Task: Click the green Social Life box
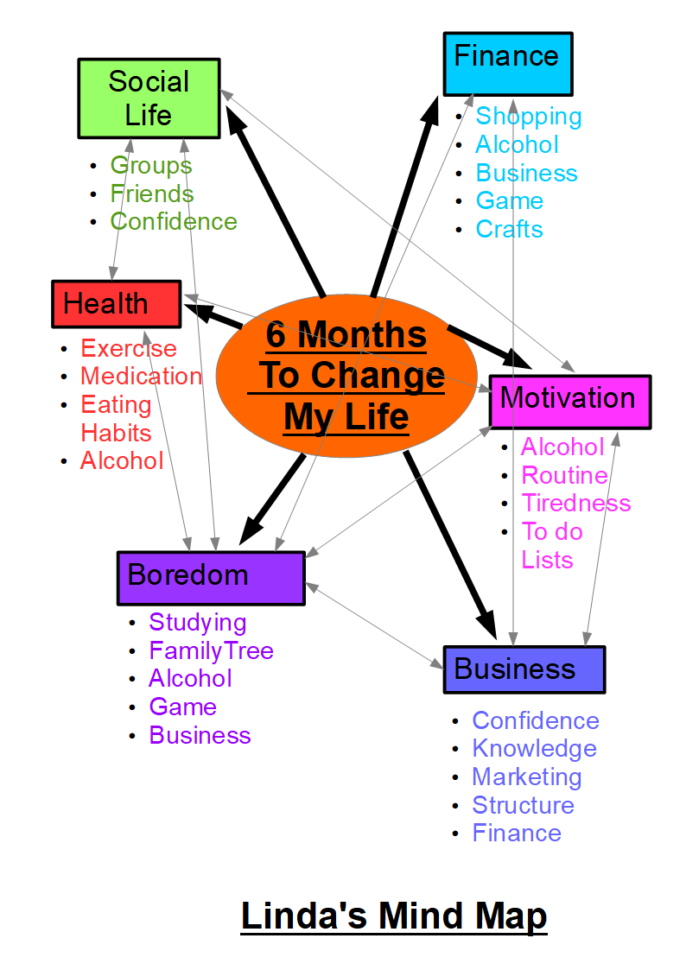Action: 149,98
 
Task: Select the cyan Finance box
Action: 507,63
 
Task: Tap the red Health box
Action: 116,304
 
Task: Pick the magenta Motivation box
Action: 569,401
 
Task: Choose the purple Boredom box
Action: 210,577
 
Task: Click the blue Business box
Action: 524,669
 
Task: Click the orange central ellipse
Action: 346,377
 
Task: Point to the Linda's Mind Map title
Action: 393,916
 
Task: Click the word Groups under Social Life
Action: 150,165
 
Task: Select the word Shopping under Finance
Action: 528,116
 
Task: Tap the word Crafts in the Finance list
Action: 509,229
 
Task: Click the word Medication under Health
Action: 141,377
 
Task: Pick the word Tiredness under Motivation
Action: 575,503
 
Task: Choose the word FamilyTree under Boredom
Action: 211,650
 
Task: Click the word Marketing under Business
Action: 526,777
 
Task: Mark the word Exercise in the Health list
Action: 128,348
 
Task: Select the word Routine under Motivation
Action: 564,475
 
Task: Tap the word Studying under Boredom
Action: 197,622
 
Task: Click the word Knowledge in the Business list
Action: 534,748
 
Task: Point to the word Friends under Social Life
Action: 151,193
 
